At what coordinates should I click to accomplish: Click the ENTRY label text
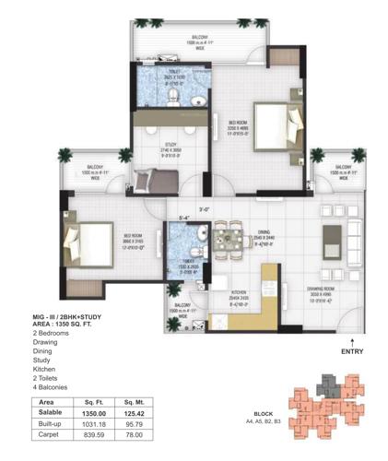pos(351,352)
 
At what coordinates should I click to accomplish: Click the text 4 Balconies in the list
pos(53,388)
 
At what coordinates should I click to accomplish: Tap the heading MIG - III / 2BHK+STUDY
pos(70,317)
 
